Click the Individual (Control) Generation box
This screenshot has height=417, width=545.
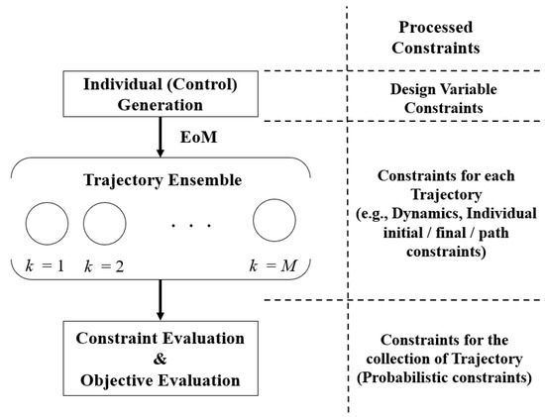point(160,94)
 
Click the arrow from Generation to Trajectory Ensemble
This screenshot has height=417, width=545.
point(160,140)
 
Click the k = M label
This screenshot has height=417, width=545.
point(274,265)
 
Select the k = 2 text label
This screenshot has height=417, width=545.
point(105,265)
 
